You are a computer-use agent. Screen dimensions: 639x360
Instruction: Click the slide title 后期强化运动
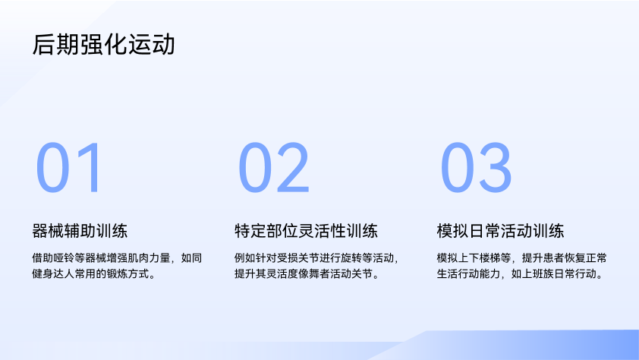103,45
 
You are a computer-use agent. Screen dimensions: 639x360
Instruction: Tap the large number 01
68,167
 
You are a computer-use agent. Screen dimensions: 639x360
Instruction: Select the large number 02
273,167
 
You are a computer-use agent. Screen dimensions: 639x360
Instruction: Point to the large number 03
476,167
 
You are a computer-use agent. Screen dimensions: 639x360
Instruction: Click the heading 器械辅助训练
80,231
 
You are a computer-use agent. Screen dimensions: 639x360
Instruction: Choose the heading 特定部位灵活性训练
306,231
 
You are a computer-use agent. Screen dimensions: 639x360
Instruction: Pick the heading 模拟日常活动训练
500,231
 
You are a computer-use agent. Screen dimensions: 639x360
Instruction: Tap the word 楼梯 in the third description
489,258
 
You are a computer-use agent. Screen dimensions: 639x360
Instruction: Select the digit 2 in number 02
293,167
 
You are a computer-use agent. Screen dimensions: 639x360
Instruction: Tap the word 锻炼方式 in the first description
128,274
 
